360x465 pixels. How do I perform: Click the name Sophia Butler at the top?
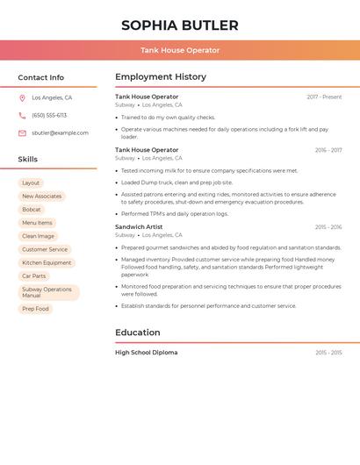coord(180,25)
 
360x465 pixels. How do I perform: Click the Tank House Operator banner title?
coord(180,50)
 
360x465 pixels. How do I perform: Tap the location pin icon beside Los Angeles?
coord(22,98)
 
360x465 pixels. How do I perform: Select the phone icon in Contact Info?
coord(22,116)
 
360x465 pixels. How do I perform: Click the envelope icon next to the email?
coord(22,133)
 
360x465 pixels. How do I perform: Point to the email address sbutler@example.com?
coord(60,133)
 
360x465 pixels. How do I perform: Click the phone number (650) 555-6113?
coord(49,116)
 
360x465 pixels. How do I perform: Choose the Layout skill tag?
coord(31,183)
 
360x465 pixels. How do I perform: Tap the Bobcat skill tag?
coord(32,210)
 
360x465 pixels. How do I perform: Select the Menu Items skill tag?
coord(37,223)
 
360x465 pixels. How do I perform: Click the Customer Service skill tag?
coord(45,250)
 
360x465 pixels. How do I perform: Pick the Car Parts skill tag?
coord(34,276)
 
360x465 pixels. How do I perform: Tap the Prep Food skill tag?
coord(36,309)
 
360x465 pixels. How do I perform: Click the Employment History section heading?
coord(161,77)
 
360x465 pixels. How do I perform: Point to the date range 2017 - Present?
coord(324,97)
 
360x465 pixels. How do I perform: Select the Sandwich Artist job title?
coord(139,227)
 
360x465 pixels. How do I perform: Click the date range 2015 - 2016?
coord(328,227)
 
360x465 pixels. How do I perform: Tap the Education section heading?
coord(138,333)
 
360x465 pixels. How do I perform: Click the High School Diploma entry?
coord(146,353)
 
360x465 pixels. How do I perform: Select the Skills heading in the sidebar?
coord(28,160)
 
